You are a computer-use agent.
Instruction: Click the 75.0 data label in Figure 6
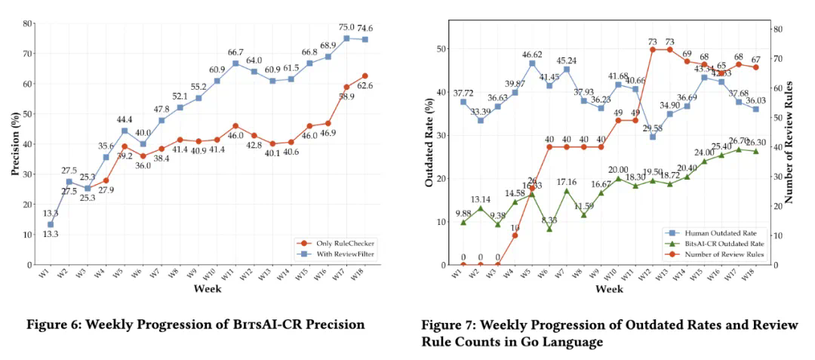(346, 28)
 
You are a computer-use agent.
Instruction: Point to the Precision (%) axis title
(14, 144)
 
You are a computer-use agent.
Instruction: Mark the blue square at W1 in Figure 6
(51, 224)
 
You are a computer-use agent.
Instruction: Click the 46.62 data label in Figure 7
(532, 55)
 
